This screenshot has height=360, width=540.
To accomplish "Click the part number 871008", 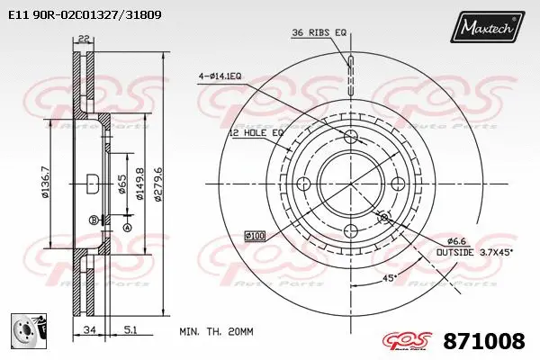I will coord(485,341).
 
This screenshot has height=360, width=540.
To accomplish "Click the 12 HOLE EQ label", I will coord(256,132).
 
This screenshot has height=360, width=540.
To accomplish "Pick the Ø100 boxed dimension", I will coord(256,236).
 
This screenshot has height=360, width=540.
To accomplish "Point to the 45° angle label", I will coord(389,278).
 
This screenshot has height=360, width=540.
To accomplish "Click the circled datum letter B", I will coord(93,220).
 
